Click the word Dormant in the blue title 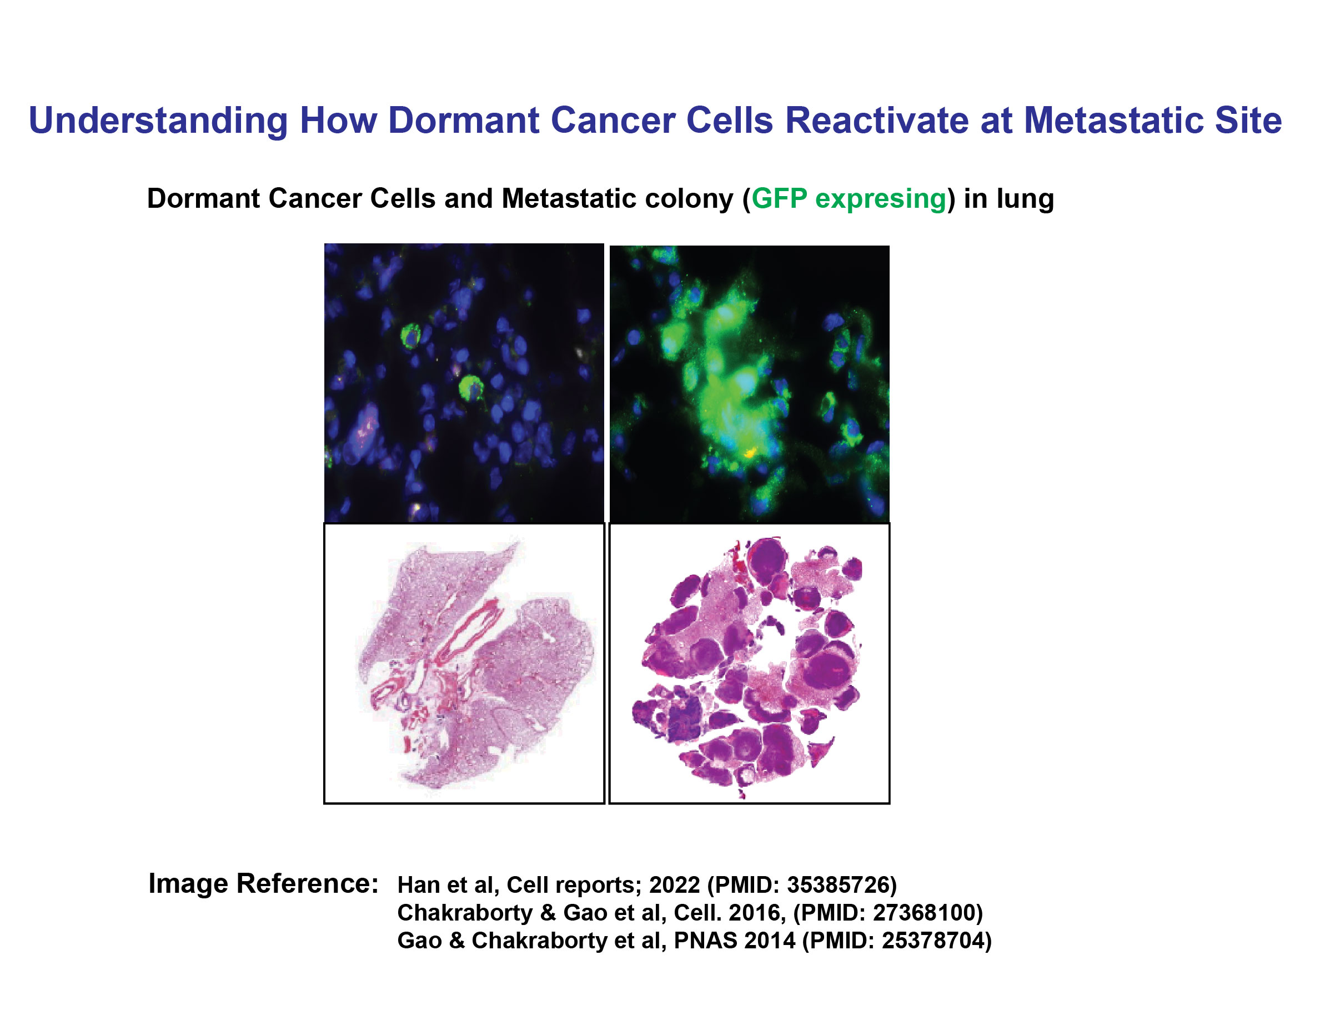463,119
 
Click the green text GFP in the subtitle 779,198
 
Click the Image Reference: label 263,883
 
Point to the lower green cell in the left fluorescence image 470,388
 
